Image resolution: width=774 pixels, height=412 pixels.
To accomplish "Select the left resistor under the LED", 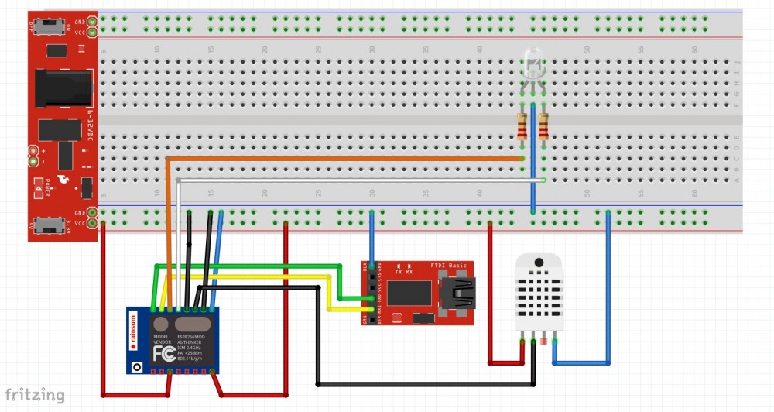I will pos(522,126).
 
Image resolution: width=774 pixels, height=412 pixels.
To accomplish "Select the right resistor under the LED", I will pos(543,126).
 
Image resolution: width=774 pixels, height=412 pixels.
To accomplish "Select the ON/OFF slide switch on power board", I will pos(53,28).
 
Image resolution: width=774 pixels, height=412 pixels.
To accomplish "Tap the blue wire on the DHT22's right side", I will pos(608,294).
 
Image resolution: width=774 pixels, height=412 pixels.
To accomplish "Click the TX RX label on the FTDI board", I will pos(404,273).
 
